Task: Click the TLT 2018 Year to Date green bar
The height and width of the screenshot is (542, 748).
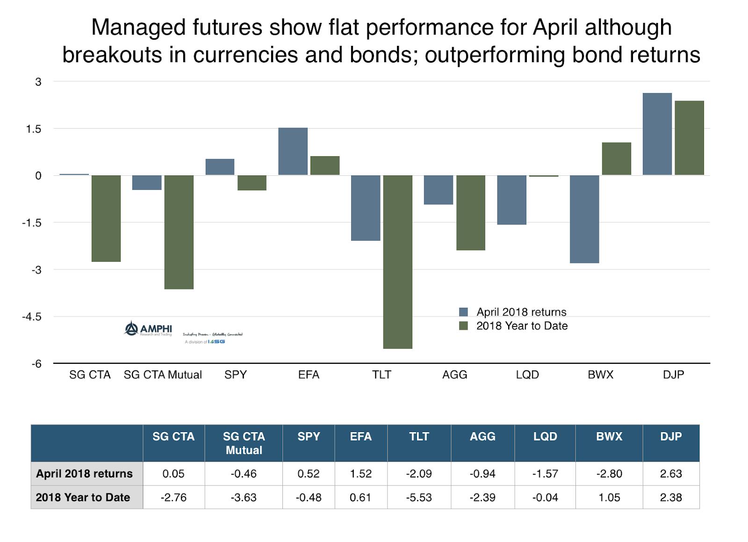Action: click(397, 262)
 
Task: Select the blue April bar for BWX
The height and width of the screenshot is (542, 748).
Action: click(584, 219)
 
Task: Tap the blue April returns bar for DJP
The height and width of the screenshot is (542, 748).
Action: click(657, 134)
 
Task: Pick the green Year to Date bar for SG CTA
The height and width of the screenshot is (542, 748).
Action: click(106, 218)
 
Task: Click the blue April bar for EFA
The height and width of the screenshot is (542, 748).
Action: click(293, 152)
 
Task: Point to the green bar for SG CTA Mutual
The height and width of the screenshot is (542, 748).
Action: click(179, 232)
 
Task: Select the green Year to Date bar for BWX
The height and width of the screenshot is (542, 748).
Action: click(616, 159)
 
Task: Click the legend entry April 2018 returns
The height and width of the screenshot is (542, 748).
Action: click(521, 312)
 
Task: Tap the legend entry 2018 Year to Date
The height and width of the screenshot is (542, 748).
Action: click(521, 326)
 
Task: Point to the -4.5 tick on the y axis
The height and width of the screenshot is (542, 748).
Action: click(32, 317)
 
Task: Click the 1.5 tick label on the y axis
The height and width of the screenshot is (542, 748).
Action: click(34, 129)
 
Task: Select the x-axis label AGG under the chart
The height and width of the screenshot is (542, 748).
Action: click(454, 375)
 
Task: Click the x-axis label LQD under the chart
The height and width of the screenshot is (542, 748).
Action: click(527, 375)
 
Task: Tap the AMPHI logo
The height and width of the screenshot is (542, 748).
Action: click(148, 329)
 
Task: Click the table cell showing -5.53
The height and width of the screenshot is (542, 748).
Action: click(419, 498)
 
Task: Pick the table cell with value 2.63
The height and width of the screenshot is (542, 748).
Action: click(670, 474)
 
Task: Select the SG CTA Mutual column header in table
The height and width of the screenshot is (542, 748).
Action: click(244, 443)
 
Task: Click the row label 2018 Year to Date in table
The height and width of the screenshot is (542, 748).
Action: click(83, 498)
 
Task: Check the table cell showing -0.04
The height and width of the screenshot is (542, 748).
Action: click(545, 498)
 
